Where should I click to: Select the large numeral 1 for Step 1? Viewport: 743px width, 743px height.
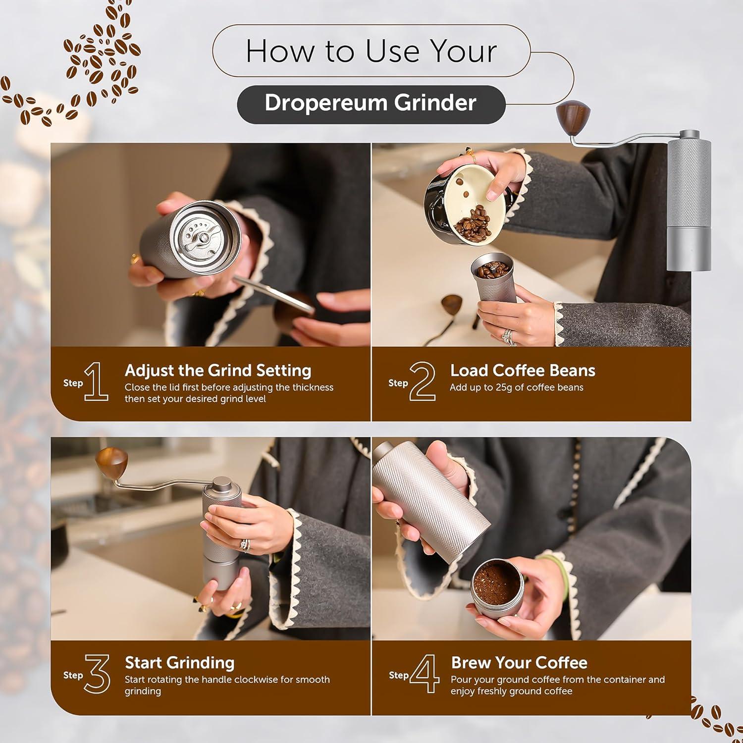pos(96,381)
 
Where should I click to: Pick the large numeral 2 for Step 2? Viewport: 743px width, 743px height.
pos(423,381)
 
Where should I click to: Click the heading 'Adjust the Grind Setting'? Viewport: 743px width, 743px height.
pos(218,371)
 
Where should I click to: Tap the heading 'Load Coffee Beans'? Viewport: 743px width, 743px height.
pos(523,371)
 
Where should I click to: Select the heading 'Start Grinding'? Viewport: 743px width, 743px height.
pos(179,663)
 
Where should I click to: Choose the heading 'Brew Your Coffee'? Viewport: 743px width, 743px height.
pos(519,663)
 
